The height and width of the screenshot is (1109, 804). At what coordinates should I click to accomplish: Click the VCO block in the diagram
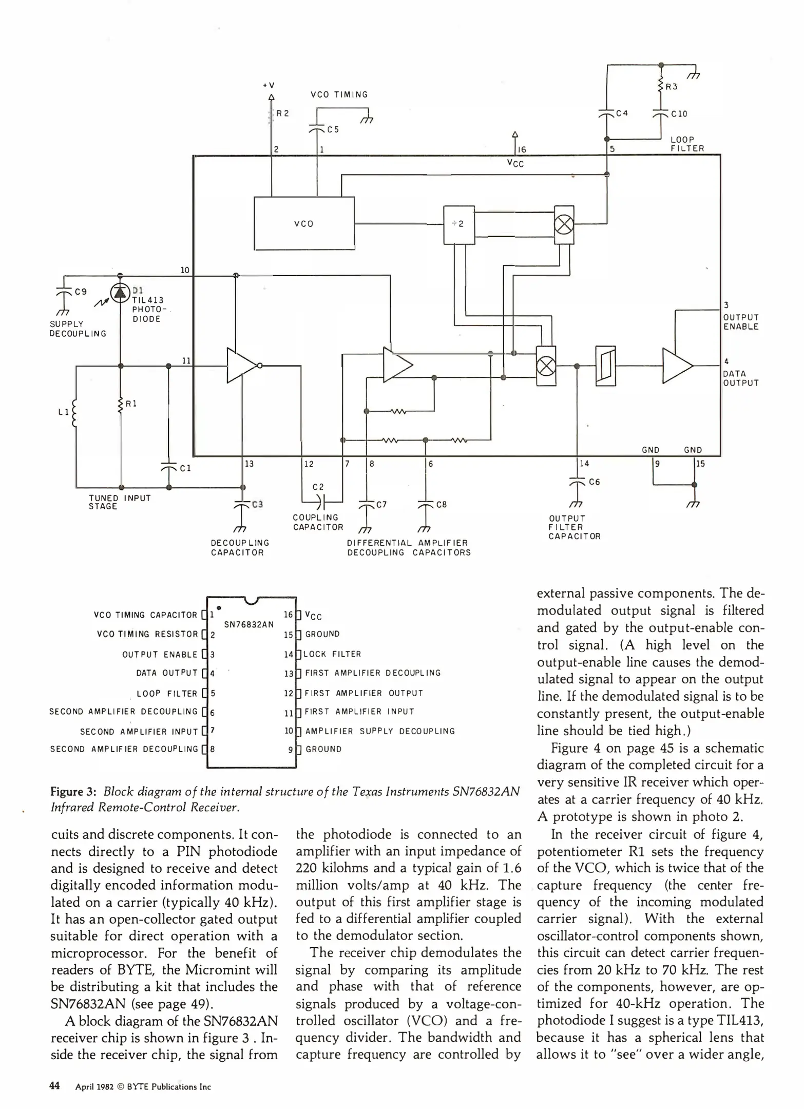click(x=304, y=224)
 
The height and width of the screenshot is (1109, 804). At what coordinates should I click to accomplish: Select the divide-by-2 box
click(x=458, y=224)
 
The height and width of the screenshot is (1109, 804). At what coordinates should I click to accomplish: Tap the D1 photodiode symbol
click(x=120, y=292)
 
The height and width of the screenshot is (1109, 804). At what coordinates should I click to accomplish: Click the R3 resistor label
click(x=672, y=87)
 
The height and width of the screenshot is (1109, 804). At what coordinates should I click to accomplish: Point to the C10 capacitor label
click(x=679, y=114)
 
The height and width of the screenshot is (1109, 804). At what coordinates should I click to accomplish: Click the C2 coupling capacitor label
click(x=318, y=487)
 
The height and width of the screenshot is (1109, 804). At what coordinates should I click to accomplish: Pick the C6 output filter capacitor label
click(x=594, y=482)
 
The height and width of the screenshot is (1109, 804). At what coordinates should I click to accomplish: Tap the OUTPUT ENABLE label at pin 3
click(x=741, y=322)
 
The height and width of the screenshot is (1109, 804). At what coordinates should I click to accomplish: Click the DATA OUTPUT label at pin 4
click(x=741, y=378)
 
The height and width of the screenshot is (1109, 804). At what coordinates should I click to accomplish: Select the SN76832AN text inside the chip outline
click(x=249, y=624)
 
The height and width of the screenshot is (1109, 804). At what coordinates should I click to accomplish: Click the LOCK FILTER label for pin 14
click(x=332, y=654)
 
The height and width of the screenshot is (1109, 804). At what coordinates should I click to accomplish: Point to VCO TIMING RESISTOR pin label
click(x=147, y=635)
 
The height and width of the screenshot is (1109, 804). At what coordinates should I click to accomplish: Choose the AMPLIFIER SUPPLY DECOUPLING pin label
click(x=380, y=731)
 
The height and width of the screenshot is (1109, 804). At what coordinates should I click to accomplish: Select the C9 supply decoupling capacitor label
click(x=81, y=292)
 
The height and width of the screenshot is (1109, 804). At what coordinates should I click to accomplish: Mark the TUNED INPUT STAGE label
click(x=120, y=502)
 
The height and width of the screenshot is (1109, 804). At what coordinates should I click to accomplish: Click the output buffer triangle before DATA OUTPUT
click(x=676, y=366)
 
